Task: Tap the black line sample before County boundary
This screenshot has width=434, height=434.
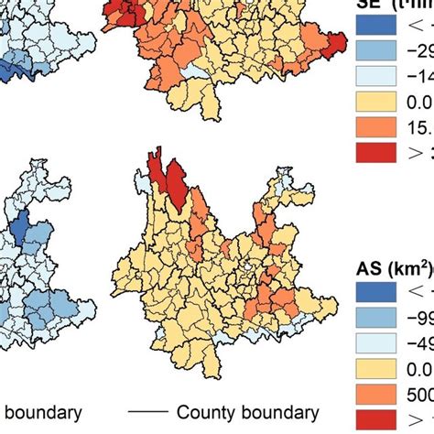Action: [146, 413]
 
